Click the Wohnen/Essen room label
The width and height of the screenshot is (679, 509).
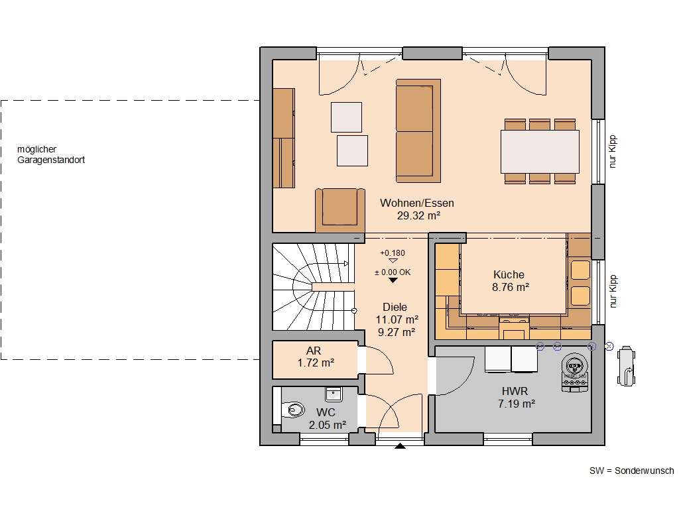click(x=416, y=203)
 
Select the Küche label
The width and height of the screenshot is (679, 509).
click(x=509, y=274)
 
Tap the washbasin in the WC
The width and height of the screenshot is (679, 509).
click(x=332, y=394)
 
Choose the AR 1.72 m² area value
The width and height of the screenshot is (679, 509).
click(x=315, y=363)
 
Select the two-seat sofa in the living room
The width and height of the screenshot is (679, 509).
click(x=418, y=131)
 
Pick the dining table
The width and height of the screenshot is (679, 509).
click(x=540, y=151)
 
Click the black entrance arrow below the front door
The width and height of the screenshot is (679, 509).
click(x=400, y=446)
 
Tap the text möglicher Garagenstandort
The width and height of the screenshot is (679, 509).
click(x=51, y=155)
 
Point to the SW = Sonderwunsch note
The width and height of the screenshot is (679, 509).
click(x=631, y=471)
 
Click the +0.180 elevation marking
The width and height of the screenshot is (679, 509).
click(x=392, y=253)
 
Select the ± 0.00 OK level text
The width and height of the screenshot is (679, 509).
click(x=393, y=272)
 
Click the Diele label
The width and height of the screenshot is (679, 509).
click(x=395, y=307)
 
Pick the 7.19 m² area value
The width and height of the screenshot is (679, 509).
click(x=517, y=403)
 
